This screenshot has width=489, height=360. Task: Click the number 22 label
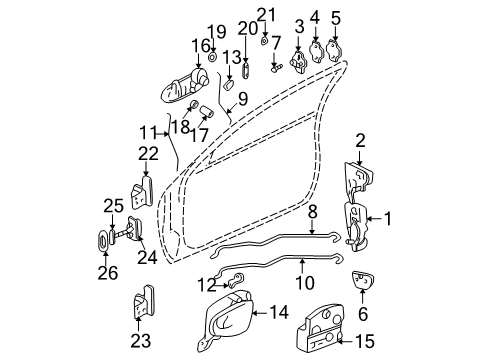(x=147, y=153)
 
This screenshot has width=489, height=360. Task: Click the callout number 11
(x=146, y=130)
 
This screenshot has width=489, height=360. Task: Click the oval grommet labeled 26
(x=106, y=242)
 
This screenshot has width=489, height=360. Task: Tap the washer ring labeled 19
(x=214, y=58)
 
